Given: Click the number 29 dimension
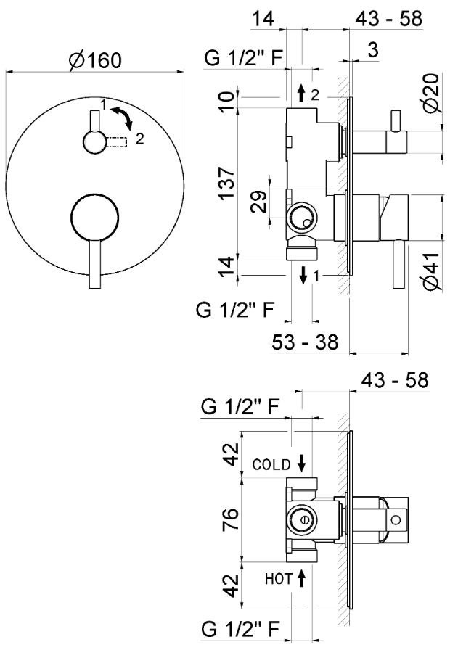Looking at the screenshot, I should coord(259,201).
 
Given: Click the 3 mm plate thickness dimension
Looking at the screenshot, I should coord(372,49).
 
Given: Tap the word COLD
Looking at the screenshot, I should coord(271,464).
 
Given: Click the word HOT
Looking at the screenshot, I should coord(277,579).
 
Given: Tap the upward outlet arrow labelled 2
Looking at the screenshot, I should coord(301,93).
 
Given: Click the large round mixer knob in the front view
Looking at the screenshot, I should coord(94,216).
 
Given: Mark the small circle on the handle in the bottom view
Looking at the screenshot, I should coord(396,520).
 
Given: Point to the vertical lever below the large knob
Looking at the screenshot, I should coord(94,265).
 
